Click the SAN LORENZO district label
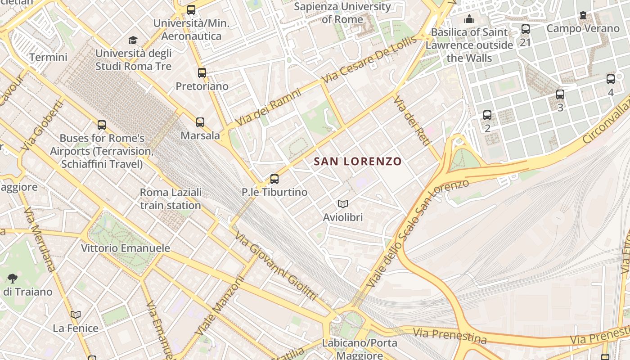point(357,161)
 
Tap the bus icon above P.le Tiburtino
point(274,179)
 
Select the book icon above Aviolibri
point(343,204)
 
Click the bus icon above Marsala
point(200,122)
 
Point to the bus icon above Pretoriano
point(202,72)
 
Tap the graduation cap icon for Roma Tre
point(133,40)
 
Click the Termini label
point(48,57)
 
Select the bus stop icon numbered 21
point(525,30)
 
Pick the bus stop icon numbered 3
point(560,94)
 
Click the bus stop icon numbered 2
point(487,115)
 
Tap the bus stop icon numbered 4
point(611,79)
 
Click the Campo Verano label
point(583,28)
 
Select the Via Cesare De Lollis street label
point(369,60)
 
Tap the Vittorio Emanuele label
point(126,248)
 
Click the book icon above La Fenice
point(76,315)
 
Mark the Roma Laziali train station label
point(171,199)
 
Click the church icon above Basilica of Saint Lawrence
point(469,19)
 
